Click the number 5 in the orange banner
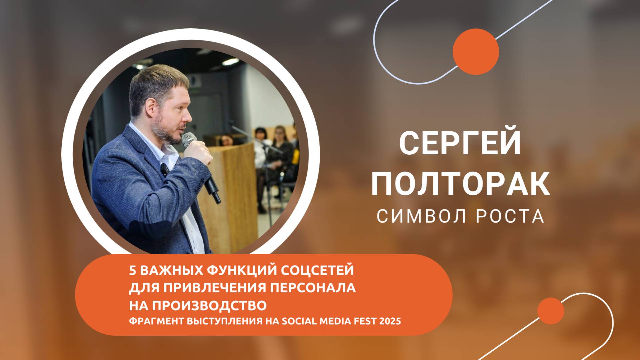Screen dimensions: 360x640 pyautogui.click(x=132, y=270)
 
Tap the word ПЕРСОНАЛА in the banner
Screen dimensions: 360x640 pyautogui.click(x=313, y=288)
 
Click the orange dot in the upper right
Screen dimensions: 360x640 pyautogui.click(x=476, y=52)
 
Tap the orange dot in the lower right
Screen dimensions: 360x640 pyautogui.click(x=551, y=311)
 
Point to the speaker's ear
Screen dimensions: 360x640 pyautogui.click(x=151, y=106)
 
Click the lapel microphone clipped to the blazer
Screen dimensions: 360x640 pyautogui.click(x=165, y=170)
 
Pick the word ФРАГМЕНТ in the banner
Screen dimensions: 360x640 pyautogui.click(x=155, y=322)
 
